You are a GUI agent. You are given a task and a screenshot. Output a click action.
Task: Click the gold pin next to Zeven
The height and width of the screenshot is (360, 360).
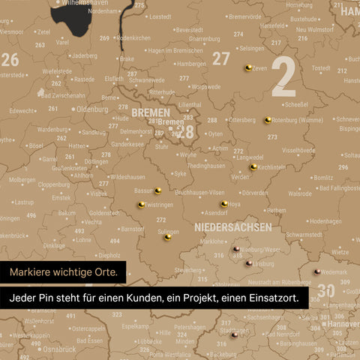tap(248, 67)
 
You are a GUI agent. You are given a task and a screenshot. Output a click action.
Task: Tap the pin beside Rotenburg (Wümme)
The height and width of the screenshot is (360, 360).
tap(268, 119)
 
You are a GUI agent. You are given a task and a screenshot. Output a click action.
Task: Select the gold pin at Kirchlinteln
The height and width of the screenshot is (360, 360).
tap(254, 166)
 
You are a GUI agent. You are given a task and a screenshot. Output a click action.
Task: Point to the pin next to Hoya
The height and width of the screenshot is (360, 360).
tap(224, 203)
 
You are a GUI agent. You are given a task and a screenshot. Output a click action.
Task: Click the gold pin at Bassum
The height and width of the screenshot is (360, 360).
tap(157, 190)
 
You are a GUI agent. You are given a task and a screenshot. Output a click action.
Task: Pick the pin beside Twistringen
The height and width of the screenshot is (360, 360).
tap(141, 204)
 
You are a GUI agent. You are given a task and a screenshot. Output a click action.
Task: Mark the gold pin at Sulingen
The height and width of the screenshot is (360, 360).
tap(169, 237)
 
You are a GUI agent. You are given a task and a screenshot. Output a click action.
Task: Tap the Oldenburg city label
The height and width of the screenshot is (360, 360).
tap(93, 109)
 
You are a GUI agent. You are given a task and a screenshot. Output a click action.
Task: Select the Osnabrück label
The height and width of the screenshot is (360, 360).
tap(59, 349)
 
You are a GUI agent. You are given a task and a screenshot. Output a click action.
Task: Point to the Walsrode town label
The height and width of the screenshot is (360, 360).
tap(300, 193)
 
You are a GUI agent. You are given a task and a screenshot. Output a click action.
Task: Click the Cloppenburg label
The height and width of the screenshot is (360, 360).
tap(54, 184)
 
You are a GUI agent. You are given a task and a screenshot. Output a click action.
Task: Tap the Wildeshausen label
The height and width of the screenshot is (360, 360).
tap(127, 177)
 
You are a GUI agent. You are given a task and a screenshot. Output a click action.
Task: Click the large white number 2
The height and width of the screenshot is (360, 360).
tap(283, 77)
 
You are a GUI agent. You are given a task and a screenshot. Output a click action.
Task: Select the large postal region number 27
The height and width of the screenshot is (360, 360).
tap(221, 58)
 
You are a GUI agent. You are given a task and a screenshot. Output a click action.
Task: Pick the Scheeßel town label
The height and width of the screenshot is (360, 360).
tap(296, 104)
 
